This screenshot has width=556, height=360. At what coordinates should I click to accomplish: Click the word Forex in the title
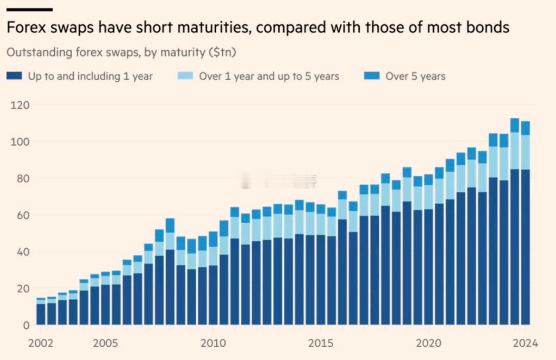[x=24, y=28]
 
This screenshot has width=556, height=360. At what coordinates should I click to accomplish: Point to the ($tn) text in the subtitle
[x=222, y=52]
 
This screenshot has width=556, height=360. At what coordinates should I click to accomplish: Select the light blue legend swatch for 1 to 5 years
[x=185, y=76]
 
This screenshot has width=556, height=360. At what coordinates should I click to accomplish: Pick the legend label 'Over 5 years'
[x=415, y=76]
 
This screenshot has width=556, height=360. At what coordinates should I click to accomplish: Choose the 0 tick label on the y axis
[x=27, y=325]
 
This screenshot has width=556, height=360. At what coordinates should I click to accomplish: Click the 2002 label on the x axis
[x=40, y=343]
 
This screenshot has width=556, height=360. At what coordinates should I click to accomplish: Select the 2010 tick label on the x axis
[x=213, y=343]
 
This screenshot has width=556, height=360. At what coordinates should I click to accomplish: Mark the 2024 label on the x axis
[x=525, y=343]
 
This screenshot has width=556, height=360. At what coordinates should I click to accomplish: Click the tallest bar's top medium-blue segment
[x=515, y=125]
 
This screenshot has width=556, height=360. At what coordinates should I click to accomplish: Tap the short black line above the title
[x=29, y=9]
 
